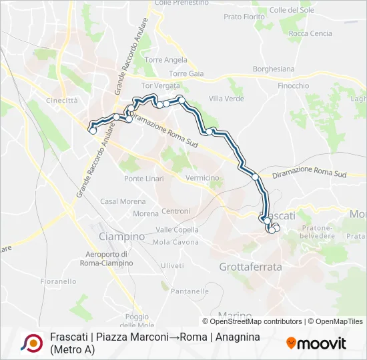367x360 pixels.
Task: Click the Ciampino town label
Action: (121, 237)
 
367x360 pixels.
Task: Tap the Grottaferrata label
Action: (250, 267)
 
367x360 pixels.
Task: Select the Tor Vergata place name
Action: (161, 86)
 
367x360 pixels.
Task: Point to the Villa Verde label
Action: (226, 99)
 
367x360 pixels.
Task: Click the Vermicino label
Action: (203, 178)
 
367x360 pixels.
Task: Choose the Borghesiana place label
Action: (274, 69)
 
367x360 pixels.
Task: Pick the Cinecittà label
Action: (62, 100)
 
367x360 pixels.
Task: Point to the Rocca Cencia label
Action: (311, 33)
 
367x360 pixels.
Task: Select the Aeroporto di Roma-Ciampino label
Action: (109, 258)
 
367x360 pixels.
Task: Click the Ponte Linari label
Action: (143, 179)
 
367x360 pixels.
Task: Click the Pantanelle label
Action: (190, 291)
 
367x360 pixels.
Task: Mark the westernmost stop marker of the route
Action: (93, 131)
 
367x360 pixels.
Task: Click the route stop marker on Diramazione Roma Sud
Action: (255, 177)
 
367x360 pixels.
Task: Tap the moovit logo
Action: (316, 343)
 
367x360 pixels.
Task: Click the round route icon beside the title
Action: (31, 343)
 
